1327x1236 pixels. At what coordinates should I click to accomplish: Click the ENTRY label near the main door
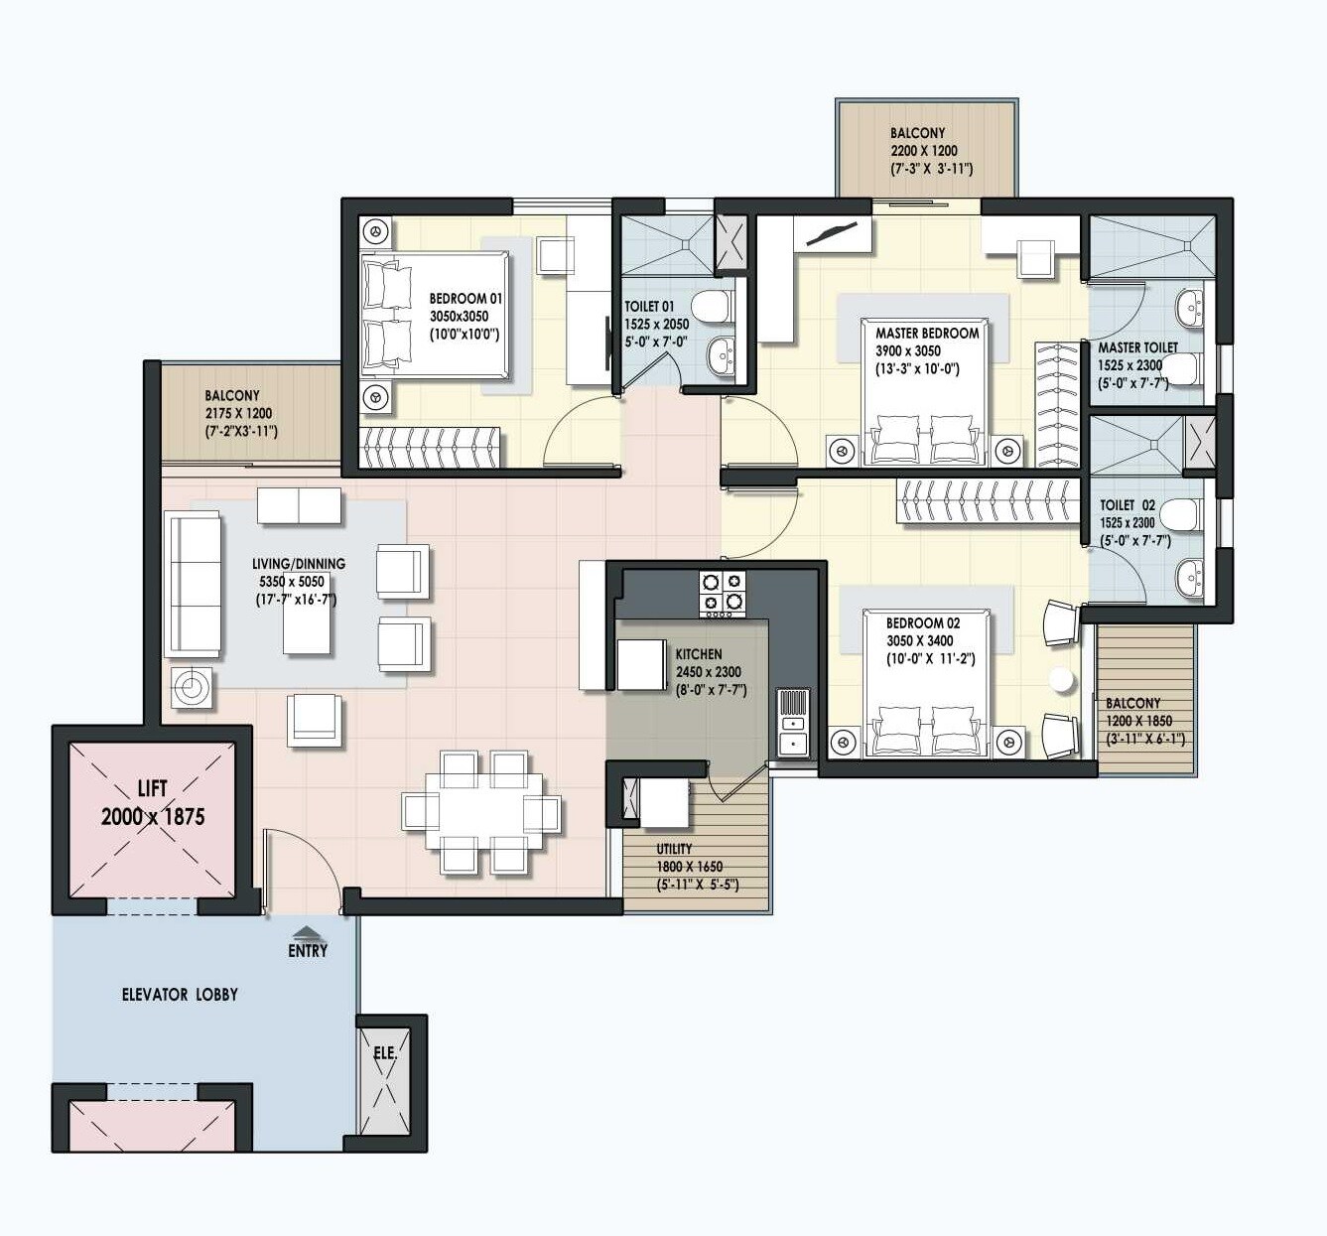click(x=308, y=950)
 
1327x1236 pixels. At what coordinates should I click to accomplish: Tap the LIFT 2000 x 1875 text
click(x=153, y=803)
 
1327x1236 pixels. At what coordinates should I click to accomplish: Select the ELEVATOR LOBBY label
click(x=180, y=994)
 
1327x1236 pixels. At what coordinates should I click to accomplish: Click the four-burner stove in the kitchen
click(x=722, y=593)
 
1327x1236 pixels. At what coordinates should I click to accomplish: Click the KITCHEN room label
click(x=699, y=654)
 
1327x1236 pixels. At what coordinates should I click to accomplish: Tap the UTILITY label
click(x=674, y=849)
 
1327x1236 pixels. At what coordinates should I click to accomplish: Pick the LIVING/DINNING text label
click(x=299, y=563)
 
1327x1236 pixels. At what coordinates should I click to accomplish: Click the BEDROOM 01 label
click(x=465, y=298)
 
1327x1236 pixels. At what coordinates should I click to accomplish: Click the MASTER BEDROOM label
click(x=927, y=334)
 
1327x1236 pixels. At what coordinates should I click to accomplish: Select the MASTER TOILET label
click(x=1137, y=347)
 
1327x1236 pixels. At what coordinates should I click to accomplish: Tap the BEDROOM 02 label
click(x=923, y=622)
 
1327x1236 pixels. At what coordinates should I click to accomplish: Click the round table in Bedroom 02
click(x=1063, y=680)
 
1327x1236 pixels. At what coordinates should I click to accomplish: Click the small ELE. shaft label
click(x=385, y=1053)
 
